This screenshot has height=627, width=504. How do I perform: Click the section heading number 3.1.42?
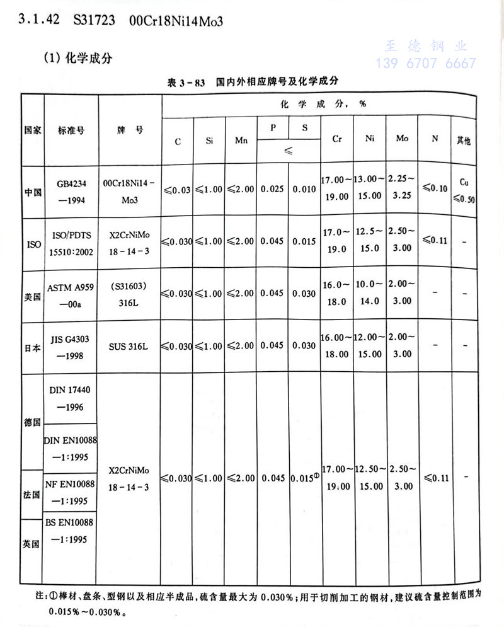tap(39, 20)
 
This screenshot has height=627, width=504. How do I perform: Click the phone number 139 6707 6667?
tap(426, 63)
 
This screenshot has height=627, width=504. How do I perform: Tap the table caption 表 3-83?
tap(186, 82)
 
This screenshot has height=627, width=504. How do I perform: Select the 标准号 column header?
tap(71, 130)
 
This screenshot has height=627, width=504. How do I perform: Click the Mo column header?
tap(402, 138)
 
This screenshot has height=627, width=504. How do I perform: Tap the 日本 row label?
tap(33, 348)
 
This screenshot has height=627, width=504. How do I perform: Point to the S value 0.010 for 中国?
tap(304, 188)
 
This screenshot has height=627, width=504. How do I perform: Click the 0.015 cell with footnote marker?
tap(304, 478)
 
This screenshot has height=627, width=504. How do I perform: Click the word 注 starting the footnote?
tap(38, 595)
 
